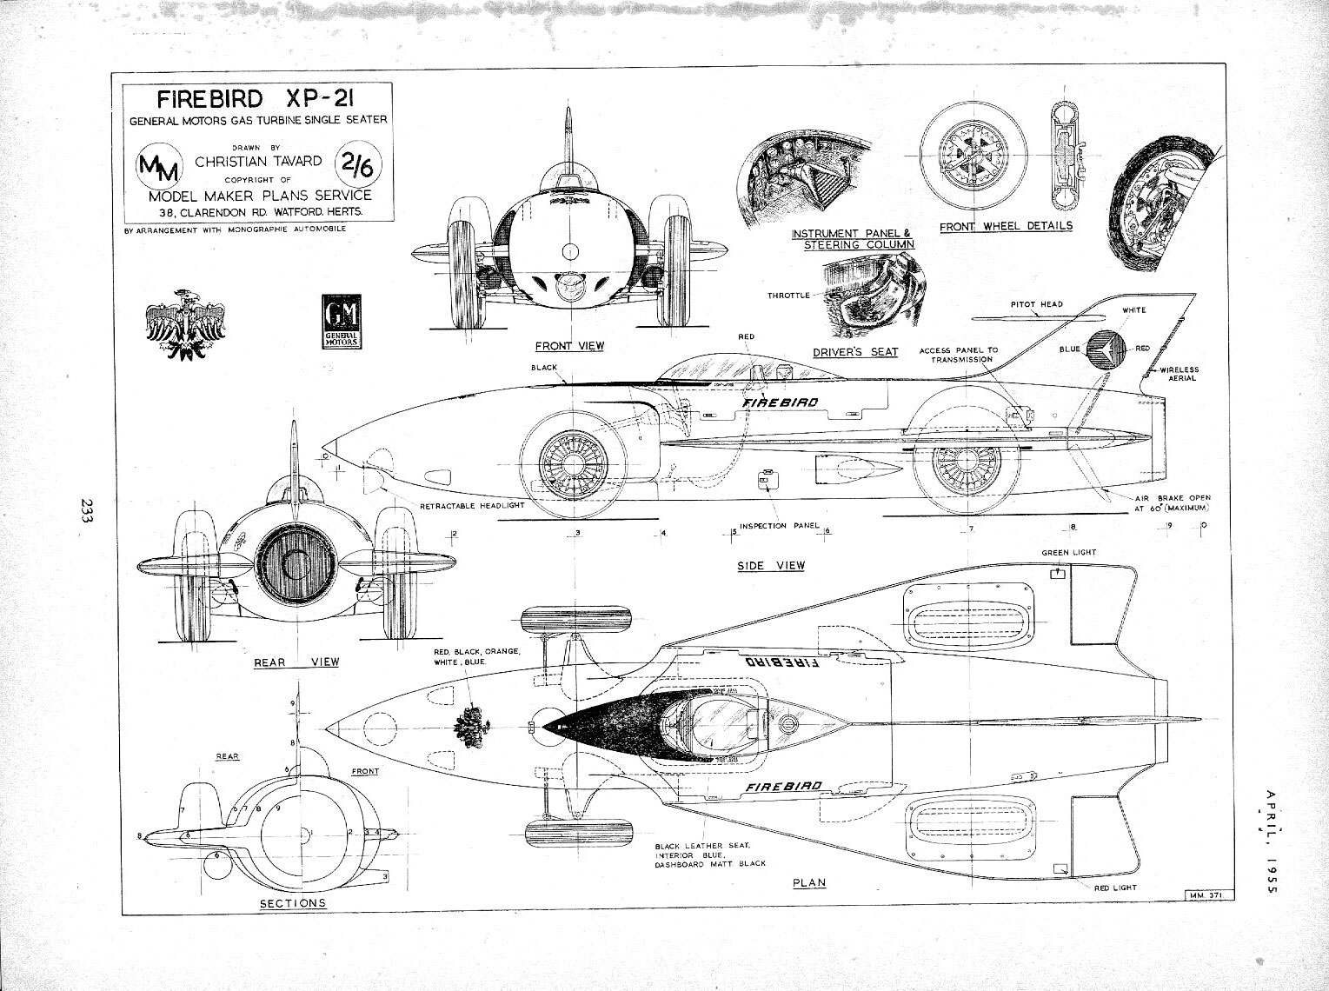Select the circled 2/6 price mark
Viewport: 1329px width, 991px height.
pyautogui.click(x=354, y=162)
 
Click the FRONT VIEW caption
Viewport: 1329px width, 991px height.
pyautogui.click(x=569, y=346)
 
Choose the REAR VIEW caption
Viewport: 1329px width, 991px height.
pyautogui.click(x=296, y=662)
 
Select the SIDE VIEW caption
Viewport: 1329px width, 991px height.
pyautogui.click(x=771, y=566)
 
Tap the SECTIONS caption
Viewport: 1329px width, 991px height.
pyautogui.click(x=293, y=903)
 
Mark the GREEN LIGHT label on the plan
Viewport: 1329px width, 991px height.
pyautogui.click(x=1068, y=553)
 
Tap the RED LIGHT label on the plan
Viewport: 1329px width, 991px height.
pyautogui.click(x=1111, y=888)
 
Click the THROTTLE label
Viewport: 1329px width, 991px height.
pyautogui.click(x=788, y=296)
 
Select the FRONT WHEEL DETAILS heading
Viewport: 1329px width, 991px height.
pyautogui.click(x=1006, y=226)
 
